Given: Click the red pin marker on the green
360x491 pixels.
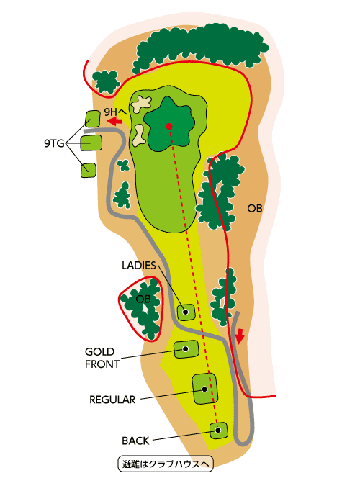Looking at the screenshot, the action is (x=169, y=126).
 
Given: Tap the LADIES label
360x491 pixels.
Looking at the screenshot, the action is (x=139, y=266).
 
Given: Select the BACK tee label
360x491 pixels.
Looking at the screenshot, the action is (x=135, y=441).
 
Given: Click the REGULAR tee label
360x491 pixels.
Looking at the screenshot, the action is (x=112, y=400).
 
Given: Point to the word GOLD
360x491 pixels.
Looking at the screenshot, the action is (x=99, y=351).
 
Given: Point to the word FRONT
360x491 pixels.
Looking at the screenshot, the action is (x=102, y=364).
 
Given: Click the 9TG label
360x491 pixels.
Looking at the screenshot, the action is (x=54, y=143).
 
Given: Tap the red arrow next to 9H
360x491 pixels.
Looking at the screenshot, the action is (x=114, y=121).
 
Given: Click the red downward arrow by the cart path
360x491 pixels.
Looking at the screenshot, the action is (x=240, y=336).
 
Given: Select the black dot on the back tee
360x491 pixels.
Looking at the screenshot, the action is (x=218, y=431).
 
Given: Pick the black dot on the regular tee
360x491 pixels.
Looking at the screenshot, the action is (x=204, y=389).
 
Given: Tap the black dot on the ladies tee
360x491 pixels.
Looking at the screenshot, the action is (x=185, y=312).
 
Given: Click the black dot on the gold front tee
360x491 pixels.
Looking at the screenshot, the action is (x=185, y=349).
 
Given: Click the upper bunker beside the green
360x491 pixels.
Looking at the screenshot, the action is (x=141, y=104).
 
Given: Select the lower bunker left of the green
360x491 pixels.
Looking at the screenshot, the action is (x=138, y=135).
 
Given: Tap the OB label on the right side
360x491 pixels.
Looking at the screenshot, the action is (x=254, y=208).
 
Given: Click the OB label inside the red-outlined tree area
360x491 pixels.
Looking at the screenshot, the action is (x=143, y=299).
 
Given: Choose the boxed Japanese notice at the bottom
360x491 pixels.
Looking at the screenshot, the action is (x=166, y=464).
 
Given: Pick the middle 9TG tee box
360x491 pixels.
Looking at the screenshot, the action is (x=91, y=143).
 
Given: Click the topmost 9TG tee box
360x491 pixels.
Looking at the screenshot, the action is (x=93, y=119).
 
